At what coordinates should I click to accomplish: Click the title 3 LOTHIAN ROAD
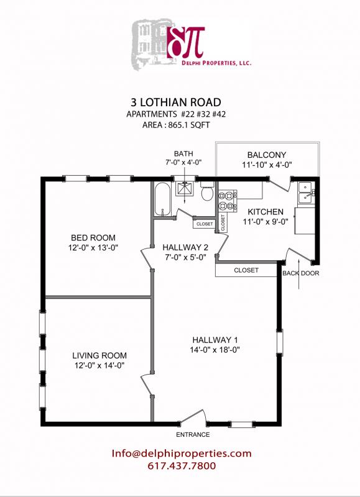pyautogui.click(x=180, y=102)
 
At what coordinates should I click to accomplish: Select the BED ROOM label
pyautogui.click(x=93, y=238)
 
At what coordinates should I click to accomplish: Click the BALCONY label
pyautogui.click(x=266, y=155)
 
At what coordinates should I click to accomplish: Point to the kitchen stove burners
pyautogui.click(x=228, y=200)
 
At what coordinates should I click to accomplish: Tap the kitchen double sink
pyautogui.click(x=306, y=193)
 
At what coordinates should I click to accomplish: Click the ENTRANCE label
pyautogui.click(x=193, y=434)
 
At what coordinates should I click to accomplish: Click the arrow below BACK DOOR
pyautogui.click(x=300, y=283)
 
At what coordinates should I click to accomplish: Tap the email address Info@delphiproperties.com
pyautogui.click(x=182, y=454)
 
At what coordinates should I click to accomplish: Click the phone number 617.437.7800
pyautogui.click(x=182, y=466)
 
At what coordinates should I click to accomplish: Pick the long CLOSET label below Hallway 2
pyautogui.click(x=246, y=270)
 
